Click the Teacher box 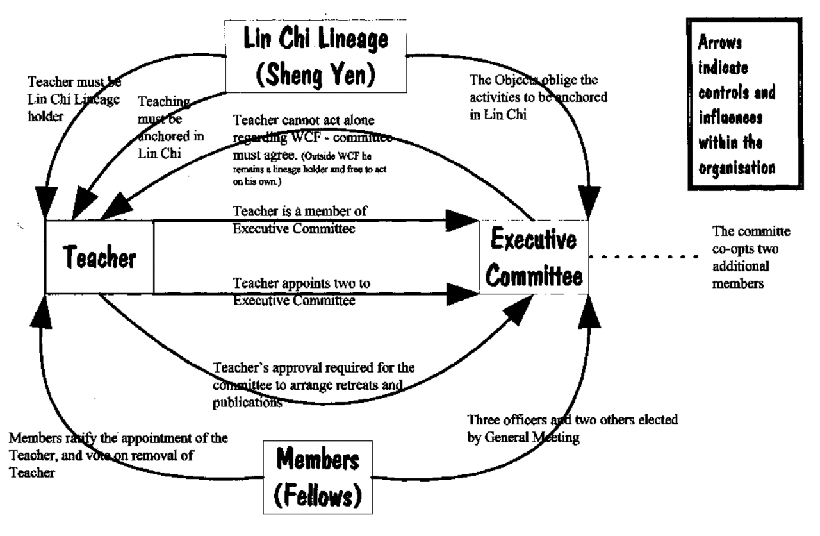[99, 257]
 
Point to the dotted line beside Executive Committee [644, 258]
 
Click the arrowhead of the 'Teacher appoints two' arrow [461, 294]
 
